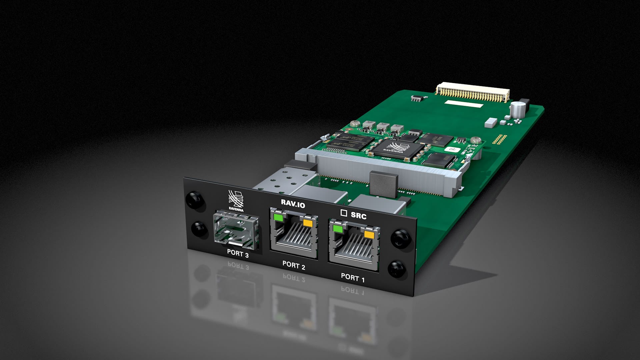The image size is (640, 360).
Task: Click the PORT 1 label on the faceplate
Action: [353, 277]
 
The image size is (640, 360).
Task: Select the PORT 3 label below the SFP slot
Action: [238, 253]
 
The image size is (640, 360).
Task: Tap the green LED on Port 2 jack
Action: [277, 218]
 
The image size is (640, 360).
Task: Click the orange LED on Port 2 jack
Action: [307, 223]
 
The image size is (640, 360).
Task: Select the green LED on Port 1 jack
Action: [337, 229]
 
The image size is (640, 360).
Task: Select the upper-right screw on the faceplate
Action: [400, 238]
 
